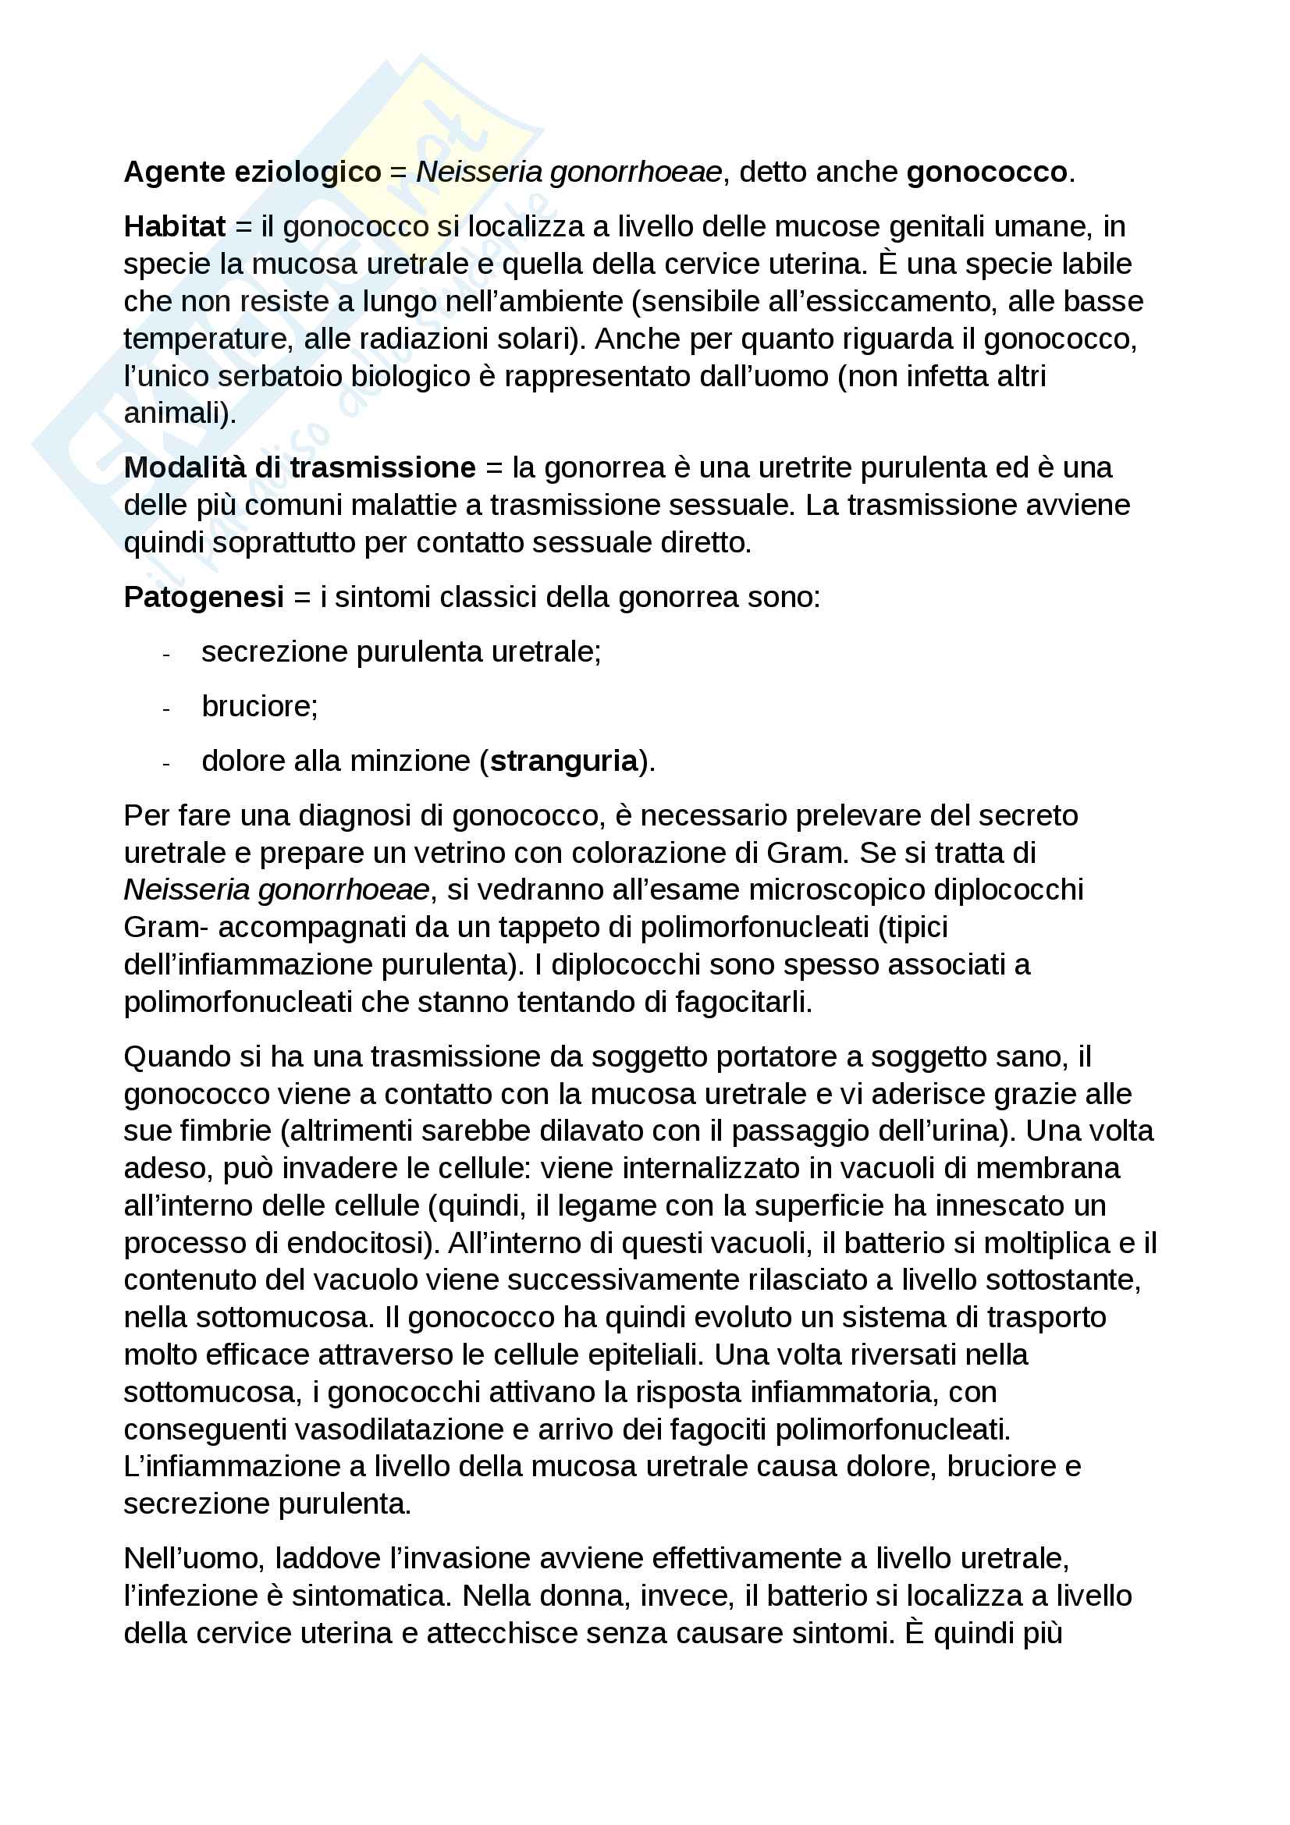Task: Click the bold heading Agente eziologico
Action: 253,172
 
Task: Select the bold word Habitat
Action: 175,226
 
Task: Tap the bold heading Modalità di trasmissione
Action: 300,467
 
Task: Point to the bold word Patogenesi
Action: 204,597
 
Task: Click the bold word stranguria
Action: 563,761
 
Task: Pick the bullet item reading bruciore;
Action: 260,706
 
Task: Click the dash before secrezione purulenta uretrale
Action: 166,654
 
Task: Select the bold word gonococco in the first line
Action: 986,172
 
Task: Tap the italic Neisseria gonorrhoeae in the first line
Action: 569,172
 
